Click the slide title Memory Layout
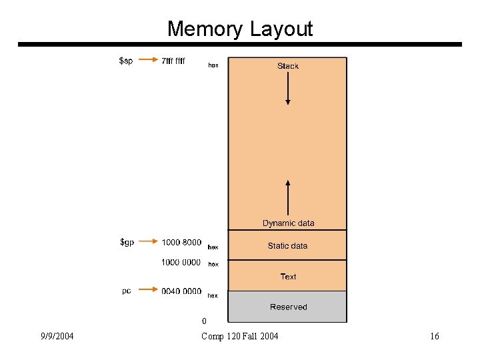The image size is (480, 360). point(239,29)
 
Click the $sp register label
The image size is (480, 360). point(125,61)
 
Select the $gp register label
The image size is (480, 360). point(127,242)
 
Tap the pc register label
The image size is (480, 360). point(126,291)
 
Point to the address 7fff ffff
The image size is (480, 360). point(173,61)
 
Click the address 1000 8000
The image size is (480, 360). point(181,243)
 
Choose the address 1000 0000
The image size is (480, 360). point(181,262)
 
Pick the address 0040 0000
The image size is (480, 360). point(181,291)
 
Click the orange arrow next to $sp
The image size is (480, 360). point(149,61)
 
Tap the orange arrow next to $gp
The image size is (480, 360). point(149,243)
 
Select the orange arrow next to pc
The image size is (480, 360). point(149,291)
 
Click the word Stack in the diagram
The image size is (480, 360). point(288,66)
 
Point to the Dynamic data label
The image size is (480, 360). point(288,223)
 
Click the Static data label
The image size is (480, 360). point(288,246)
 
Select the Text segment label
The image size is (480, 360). point(288,276)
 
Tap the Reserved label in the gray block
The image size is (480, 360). point(288,307)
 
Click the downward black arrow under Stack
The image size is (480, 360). point(288,89)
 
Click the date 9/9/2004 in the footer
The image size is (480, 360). point(57,336)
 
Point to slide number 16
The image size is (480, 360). point(434,336)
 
